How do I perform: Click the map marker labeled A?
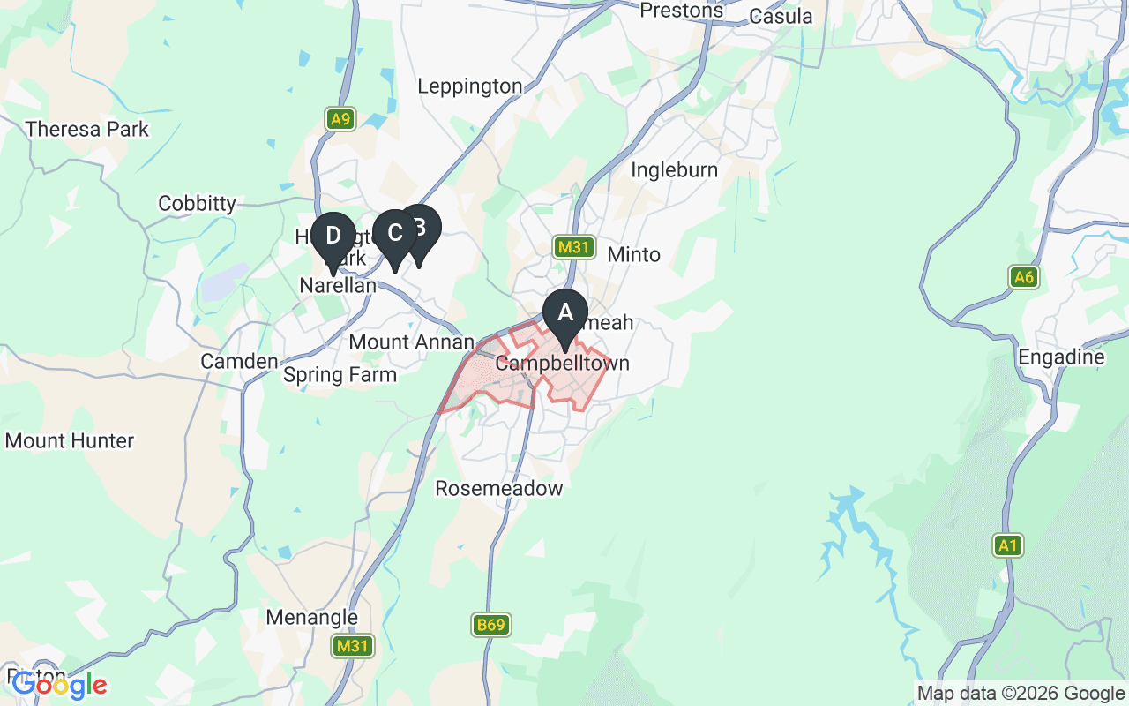point(564,313)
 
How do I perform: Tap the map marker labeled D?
point(333,237)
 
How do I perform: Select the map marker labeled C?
point(393,234)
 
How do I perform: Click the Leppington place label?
point(470,86)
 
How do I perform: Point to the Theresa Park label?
point(87,130)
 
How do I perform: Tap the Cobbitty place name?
point(197,204)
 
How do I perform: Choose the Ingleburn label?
point(674,169)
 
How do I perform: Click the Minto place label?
point(633,255)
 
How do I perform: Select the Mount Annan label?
point(411,342)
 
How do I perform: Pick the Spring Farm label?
point(340,375)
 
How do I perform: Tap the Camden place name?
point(238,361)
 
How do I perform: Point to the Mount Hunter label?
point(70,440)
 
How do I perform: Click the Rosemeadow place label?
point(498,488)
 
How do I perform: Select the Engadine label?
point(1060,357)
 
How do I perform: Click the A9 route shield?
point(340,119)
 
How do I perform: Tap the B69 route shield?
point(491,626)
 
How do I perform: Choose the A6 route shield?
point(1023,278)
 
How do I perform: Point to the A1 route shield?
point(1007,546)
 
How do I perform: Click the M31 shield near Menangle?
point(353,647)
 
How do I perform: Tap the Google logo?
point(59,685)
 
